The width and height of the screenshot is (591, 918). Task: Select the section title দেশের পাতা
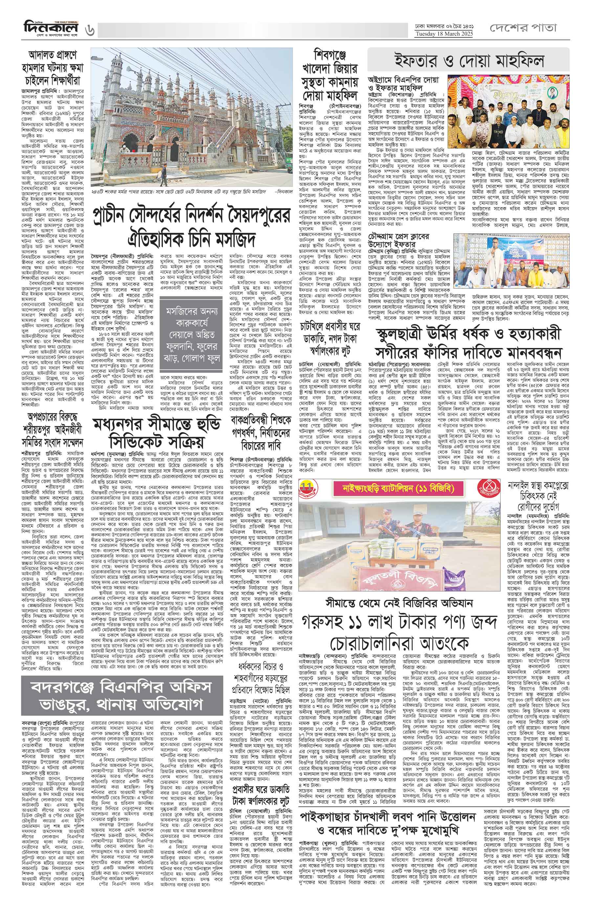click(523, 28)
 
